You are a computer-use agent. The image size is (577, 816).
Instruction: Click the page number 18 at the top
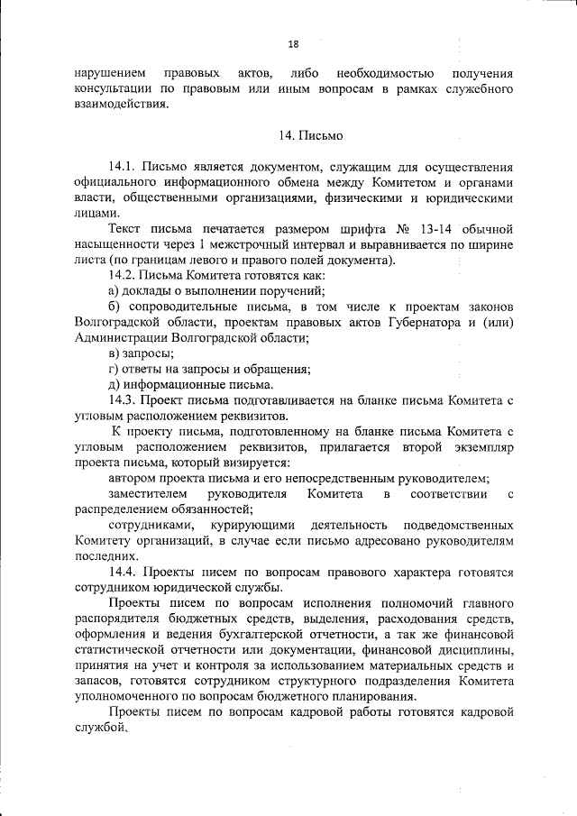(293, 43)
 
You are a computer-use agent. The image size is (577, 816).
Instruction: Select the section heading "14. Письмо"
(310, 135)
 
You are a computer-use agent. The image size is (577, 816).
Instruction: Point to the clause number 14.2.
(122, 275)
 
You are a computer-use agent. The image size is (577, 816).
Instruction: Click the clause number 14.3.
(122, 400)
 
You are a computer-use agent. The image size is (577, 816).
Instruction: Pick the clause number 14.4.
(122, 572)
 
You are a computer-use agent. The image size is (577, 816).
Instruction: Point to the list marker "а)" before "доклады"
(114, 290)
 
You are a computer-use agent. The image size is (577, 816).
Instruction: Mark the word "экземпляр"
(479, 447)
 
